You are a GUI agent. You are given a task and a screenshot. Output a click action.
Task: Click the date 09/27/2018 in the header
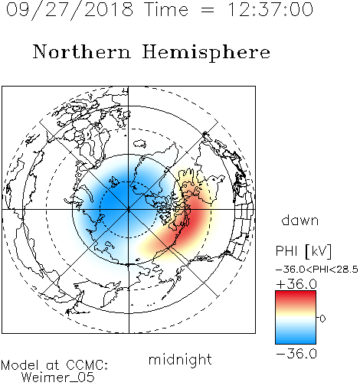coord(70,10)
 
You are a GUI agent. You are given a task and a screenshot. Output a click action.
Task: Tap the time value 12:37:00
coord(270,10)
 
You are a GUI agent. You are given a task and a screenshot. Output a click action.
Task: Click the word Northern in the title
coord(82,52)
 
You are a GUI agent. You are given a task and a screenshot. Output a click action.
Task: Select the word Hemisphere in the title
coord(206,53)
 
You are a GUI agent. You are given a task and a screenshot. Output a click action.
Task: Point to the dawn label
coord(300,221)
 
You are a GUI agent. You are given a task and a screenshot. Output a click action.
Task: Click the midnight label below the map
coord(180,360)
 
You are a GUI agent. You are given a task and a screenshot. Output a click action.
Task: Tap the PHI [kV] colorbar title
coord(303,251)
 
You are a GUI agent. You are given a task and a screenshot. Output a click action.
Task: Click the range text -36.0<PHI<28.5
coord(317,270)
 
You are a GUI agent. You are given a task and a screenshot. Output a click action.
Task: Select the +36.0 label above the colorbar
coord(296,284)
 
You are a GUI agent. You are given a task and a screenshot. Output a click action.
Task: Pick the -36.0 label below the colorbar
coord(296,354)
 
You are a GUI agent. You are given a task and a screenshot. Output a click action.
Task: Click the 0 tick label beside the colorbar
coord(322,319)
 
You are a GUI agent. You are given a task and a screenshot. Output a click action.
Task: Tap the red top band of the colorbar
coord(296,296)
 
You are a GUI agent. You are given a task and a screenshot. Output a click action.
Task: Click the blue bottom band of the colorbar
coord(296,338)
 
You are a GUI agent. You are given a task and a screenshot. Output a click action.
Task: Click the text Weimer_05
coord(58,378)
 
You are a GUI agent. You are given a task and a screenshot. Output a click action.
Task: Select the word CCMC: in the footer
coord(87,365)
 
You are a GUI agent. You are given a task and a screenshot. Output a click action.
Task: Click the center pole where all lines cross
coord(129,210)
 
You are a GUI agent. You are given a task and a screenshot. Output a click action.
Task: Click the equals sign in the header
coord(208,10)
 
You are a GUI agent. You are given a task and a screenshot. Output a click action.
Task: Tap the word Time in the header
coord(166,10)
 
